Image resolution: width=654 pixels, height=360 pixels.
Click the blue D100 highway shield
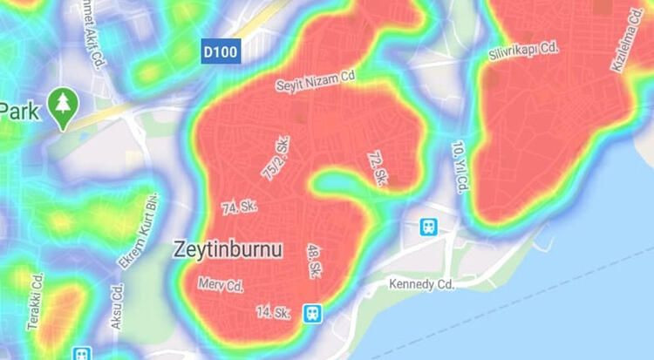221,51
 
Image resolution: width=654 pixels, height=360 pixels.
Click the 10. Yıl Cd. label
460,161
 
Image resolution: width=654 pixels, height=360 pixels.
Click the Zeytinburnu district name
228,248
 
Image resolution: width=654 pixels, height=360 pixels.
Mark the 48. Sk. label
312,261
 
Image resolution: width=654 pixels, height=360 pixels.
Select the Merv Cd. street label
221,284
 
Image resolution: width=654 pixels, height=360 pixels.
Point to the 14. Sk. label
272,311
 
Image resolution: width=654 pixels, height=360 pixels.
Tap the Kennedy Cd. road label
422,284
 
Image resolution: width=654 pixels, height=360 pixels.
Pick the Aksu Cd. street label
116,306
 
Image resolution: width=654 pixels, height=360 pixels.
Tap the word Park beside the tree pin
19,111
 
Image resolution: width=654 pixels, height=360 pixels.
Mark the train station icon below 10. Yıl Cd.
428,228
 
